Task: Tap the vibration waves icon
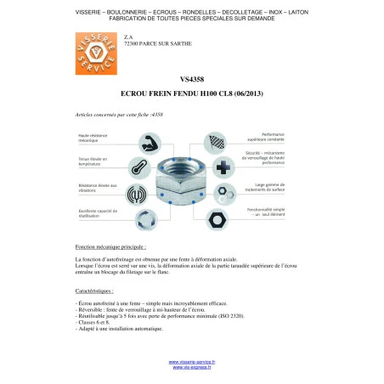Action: point(137,193)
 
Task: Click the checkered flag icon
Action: point(220,141)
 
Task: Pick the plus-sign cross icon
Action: point(223,166)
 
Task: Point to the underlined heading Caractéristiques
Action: point(94,291)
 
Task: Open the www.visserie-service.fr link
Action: point(191,362)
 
